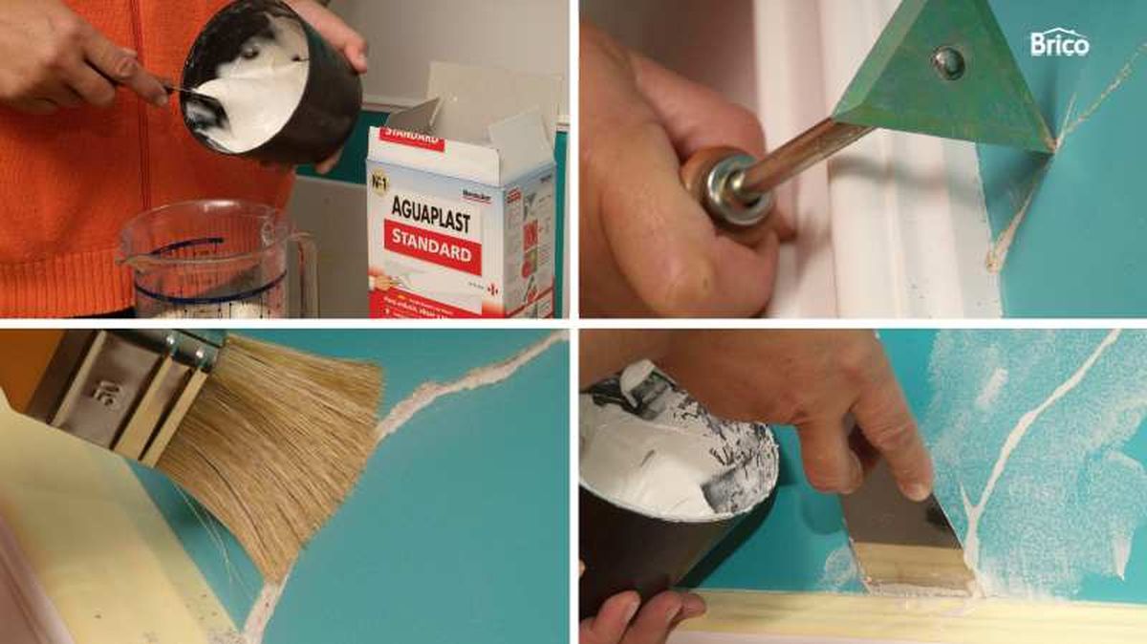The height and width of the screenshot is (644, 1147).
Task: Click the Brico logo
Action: click(x=1059, y=44)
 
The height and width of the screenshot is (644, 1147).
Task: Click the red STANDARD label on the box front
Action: click(x=432, y=246)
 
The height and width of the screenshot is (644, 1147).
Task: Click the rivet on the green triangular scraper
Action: click(x=948, y=62)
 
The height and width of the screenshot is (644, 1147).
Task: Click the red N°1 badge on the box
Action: click(x=386, y=177)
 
